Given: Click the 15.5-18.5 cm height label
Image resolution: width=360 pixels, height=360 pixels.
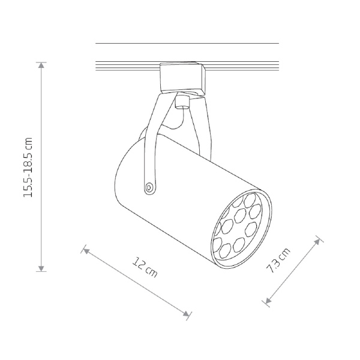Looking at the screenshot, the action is pyautogui.click(x=28, y=167).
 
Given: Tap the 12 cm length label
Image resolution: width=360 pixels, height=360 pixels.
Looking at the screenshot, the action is pyautogui.click(x=145, y=268).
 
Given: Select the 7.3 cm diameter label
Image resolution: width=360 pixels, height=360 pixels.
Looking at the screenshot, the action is pyautogui.click(x=278, y=260).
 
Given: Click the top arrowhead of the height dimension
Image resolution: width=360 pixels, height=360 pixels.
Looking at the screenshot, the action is pyautogui.click(x=41, y=65).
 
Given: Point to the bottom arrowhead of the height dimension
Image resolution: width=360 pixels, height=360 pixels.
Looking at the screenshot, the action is pyautogui.click(x=41, y=269).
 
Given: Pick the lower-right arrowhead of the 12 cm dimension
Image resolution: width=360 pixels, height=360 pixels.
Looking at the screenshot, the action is pyautogui.click(x=186, y=313).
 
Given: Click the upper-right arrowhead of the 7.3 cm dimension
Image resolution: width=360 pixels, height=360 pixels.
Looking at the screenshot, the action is pyautogui.click(x=317, y=241).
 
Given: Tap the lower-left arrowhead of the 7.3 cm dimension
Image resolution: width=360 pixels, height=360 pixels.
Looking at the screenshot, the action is pyautogui.click(x=268, y=301).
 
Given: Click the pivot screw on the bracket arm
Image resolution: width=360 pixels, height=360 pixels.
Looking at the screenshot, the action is pyautogui.click(x=149, y=187).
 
